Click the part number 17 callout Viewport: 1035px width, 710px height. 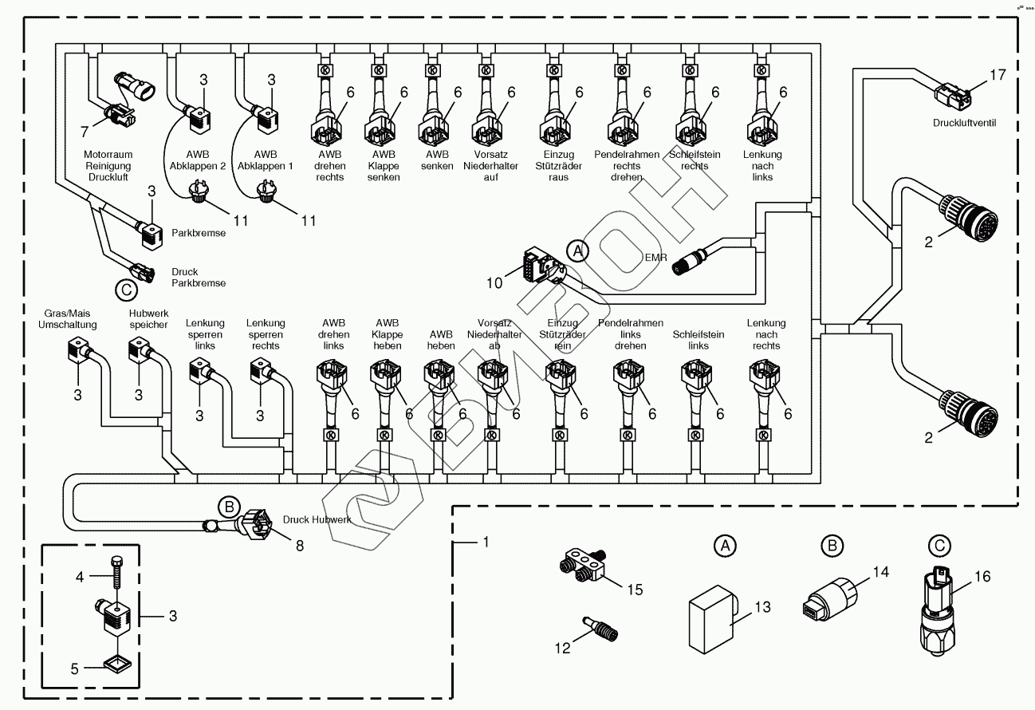click(998, 75)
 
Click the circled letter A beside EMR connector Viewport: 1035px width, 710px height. click(578, 250)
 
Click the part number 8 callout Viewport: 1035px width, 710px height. click(300, 546)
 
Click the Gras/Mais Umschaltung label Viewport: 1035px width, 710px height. click(68, 319)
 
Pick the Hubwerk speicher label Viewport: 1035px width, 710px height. click(148, 319)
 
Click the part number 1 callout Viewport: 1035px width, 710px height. click(484, 542)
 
